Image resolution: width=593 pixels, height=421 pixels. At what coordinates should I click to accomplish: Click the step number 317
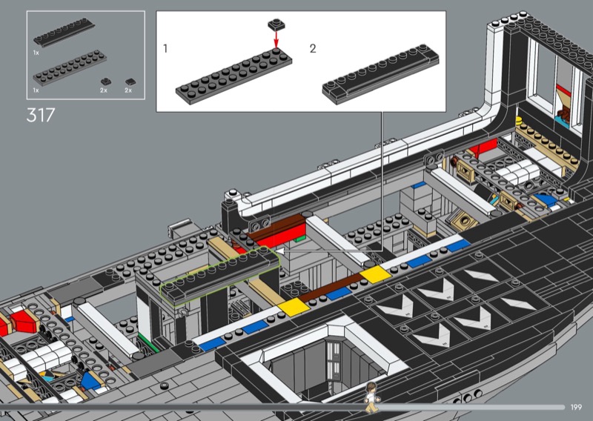tap(41, 115)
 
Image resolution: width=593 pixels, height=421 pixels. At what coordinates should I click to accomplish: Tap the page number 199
tap(576, 407)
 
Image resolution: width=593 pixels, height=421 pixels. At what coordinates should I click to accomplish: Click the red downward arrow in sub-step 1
tap(276, 39)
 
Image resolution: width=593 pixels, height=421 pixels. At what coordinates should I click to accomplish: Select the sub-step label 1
tap(165, 48)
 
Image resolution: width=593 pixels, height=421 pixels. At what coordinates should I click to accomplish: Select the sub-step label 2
tap(313, 48)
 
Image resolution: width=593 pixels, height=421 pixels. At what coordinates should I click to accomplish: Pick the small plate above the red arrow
tap(276, 24)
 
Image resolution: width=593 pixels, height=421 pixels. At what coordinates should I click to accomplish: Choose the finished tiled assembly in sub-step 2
tap(380, 75)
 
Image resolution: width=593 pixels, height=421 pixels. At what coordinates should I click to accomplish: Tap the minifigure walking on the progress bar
tap(371, 397)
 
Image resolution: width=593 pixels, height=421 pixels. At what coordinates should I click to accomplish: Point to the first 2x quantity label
tap(104, 90)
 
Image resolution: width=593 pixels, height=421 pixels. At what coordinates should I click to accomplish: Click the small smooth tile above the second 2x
tap(131, 82)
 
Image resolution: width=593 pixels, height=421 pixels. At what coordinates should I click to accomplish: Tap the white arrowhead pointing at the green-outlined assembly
tap(280, 251)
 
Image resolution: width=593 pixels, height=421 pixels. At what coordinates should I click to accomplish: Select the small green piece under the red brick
tap(300, 239)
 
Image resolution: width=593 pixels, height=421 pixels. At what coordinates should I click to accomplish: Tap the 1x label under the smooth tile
tap(36, 53)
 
